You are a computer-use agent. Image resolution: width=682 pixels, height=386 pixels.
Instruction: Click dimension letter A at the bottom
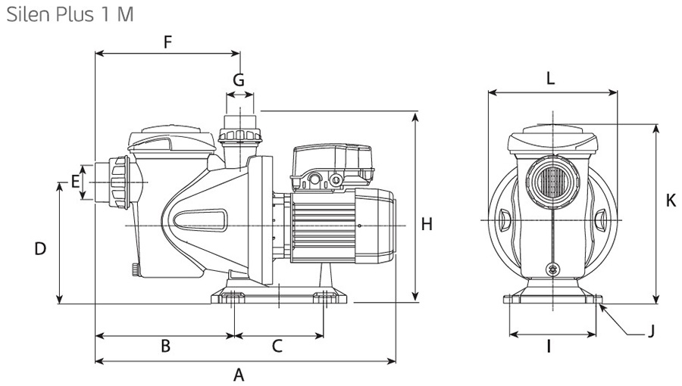(239, 374)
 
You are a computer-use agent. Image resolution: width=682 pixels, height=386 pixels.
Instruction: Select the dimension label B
(165, 346)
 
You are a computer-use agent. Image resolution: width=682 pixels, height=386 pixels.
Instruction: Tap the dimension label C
(277, 346)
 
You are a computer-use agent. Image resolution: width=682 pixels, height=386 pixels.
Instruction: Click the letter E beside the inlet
(75, 181)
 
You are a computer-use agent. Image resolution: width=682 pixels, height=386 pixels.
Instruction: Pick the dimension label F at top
(168, 42)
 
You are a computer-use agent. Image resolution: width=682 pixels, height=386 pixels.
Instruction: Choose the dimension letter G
(239, 79)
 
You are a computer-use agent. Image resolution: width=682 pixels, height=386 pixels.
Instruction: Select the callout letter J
(650, 331)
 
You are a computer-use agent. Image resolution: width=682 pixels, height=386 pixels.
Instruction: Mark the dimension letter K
(670, 201)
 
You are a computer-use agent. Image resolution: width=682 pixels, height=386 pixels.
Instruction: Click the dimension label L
(551, 77)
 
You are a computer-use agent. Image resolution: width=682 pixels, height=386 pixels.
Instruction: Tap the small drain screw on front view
(552, 268)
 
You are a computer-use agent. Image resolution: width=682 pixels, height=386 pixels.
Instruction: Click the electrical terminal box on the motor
(333, 165)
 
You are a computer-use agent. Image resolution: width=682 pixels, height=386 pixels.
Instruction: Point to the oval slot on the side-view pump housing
(200, 220)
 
